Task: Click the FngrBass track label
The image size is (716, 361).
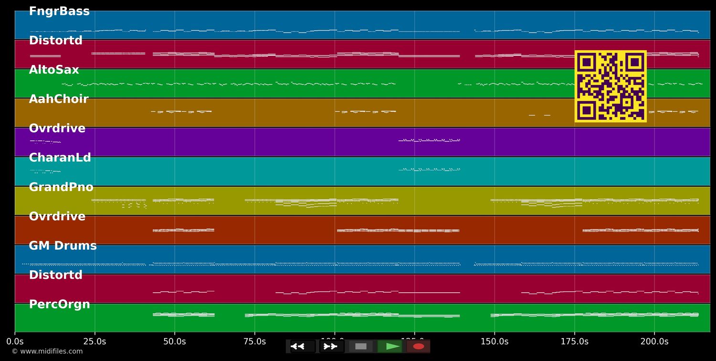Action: pyautogui.click(x=59, y=11)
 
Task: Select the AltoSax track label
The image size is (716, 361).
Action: pyautogui.click(x=54, y=70)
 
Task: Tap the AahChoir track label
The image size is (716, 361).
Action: pyautogui.click(x=59, y=99)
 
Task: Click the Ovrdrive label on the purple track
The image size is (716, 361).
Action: pyautogui.click(x=57, y=128)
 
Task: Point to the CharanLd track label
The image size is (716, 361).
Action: pyautogui.click(x=60, y=158)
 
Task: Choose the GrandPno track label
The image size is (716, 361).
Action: pyautogui.click(x=61, y=187)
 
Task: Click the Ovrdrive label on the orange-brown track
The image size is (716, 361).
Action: pyautogui.click(x=57, y=217)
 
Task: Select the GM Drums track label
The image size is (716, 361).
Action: pyautogui.click(x=63, y=246)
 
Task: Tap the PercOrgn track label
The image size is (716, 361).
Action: pyautogui.click(x=59, y=305)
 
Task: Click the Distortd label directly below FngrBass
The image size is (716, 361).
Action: pyautogui.click(x=55, y=41)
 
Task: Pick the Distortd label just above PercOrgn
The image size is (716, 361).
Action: pyautogui.click(x=55, y=275)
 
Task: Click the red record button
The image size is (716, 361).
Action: pyautogui.click(x=418, y=346)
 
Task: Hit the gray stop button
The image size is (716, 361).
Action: pyautogui.click(x=361, y=346)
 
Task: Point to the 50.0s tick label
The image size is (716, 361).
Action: pyautogui.click(x=175, y=341)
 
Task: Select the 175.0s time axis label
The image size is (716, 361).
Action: pyautogui.click(x=574, y=341)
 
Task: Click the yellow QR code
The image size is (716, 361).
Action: pyautogui.click(x=611, y=86)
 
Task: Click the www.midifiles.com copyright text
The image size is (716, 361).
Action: pyautogui.click(x=47, y=351)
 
